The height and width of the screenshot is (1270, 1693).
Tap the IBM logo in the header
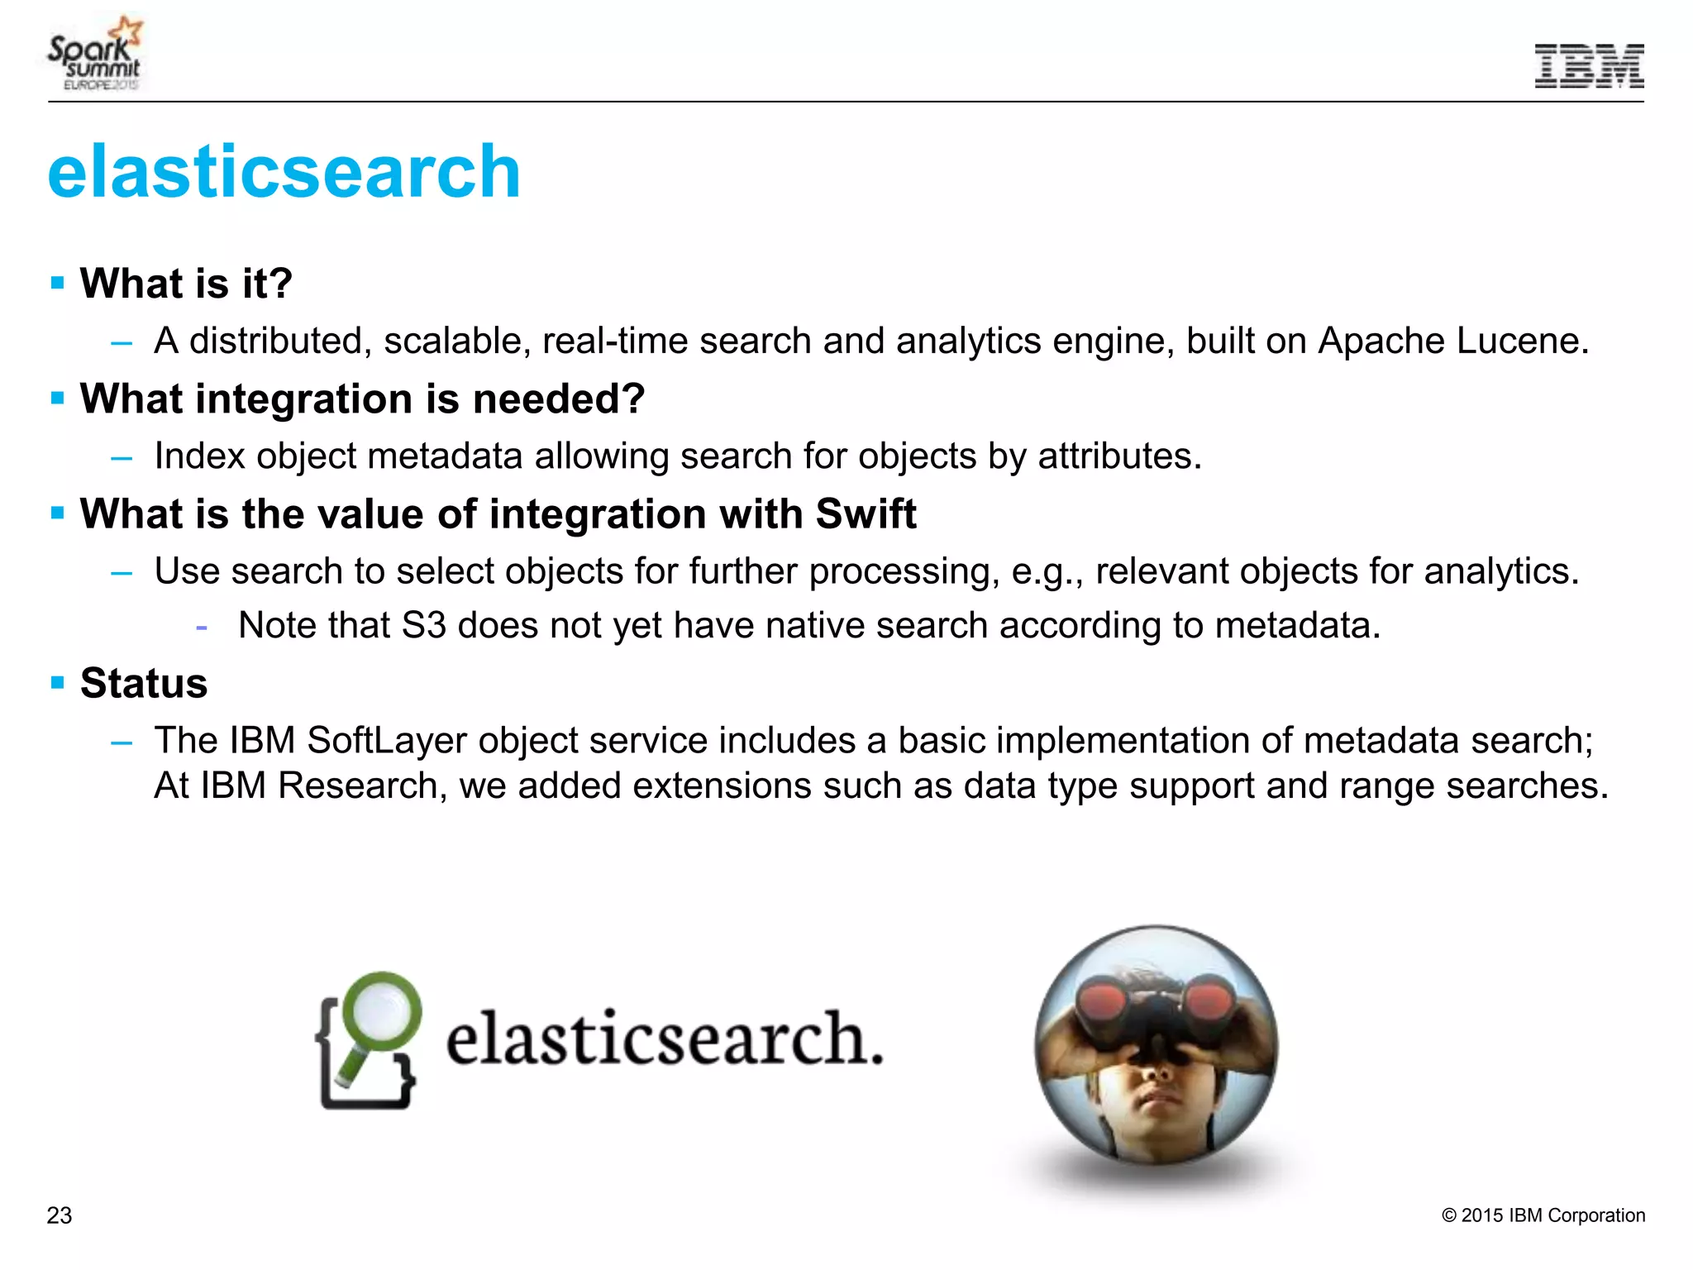(x=1589, y=66)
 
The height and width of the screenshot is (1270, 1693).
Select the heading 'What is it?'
(x=186, y=284)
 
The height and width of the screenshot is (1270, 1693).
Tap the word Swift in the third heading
(x=866, y=514)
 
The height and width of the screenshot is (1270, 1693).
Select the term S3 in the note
(x=423, y=626)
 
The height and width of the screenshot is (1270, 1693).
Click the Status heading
(x=144, y=684)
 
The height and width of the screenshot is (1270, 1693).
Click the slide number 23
(x=60, y=1215)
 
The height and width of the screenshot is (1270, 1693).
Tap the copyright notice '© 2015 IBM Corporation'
(x=1543, y=1215)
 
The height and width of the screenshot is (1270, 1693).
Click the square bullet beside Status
(x=57, y=683)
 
